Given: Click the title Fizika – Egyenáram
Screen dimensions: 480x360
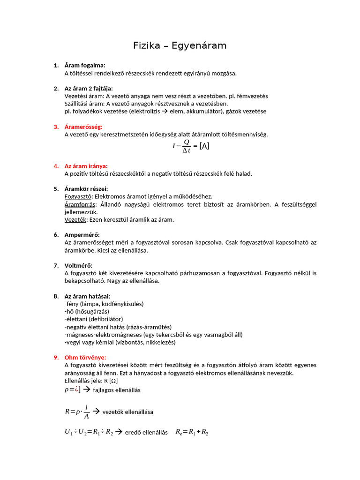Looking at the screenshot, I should (180, 45).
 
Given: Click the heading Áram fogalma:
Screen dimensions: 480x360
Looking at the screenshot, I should (85, 65).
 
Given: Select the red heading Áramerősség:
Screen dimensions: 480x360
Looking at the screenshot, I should (83, 127).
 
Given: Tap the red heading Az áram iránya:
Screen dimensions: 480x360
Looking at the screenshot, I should (86, 165).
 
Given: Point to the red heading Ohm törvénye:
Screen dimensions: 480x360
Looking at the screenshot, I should (85, 357).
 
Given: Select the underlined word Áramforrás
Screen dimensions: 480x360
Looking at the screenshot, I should (80, 204).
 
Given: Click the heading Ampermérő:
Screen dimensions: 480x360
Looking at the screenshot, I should (82, 234).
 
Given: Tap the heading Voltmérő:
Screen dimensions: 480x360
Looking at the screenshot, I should (78, 265).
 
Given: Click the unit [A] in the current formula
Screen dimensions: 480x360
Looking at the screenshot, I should (204, 146).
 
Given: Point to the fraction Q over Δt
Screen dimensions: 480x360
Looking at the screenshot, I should (186, 146).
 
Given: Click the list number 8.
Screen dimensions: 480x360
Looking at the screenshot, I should (56, 296).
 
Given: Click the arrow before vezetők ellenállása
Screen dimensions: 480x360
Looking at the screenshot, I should (97, 411).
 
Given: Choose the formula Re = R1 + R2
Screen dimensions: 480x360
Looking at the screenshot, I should (192, 432).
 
